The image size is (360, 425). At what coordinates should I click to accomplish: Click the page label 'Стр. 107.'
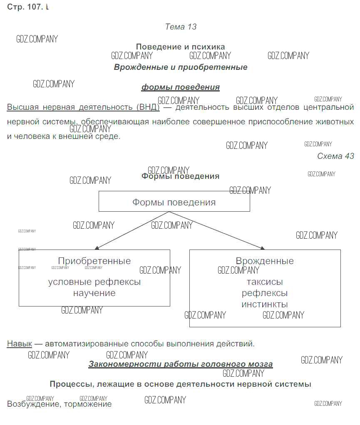[x=25, y=7]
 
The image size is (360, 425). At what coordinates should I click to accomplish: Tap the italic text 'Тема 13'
[x=181, y=27]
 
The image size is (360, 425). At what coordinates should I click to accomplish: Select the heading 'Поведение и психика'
[x=180, y=47]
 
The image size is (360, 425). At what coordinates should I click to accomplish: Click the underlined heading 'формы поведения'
[x=180, y=87]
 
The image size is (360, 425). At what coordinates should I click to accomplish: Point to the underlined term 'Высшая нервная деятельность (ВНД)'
[x=83, y=107]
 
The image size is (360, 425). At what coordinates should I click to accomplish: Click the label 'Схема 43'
[x=335, y=156]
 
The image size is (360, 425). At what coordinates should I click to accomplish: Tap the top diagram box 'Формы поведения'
[x=174, y=202]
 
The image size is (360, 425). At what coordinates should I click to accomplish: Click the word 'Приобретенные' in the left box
[x=94, y=261]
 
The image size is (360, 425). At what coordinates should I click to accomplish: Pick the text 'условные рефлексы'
[x=94, y=282]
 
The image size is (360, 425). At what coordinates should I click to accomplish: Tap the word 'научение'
[x=94, y=293]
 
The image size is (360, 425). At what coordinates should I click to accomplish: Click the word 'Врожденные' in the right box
[x=265, y=261]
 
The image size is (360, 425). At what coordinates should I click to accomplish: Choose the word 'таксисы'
[x=265, y=282]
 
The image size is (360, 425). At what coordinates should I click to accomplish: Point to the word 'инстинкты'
[x=265, y=304]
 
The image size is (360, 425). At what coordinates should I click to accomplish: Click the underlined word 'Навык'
[x=19, y=344]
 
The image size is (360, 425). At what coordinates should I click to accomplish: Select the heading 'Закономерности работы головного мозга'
[x=180, y=364]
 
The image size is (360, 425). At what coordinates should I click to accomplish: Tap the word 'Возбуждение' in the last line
[x=33, y=404]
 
